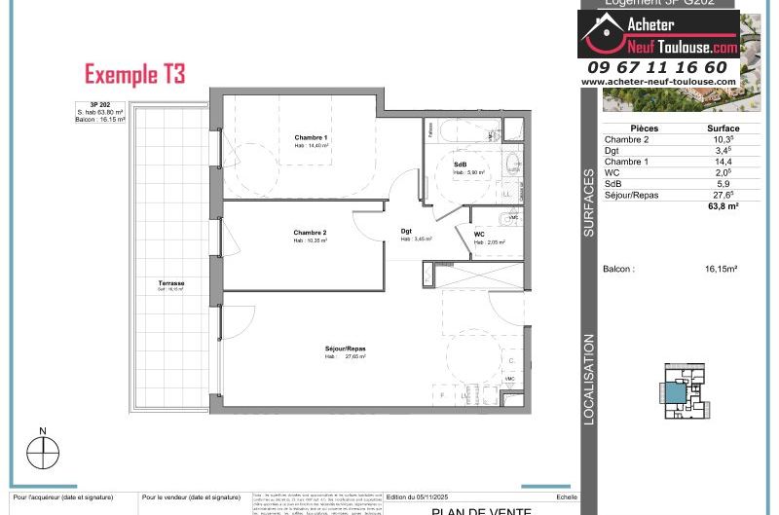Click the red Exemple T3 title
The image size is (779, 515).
point(134,74)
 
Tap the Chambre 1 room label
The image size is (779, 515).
point(312,138)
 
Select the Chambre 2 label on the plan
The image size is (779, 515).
point(311,233)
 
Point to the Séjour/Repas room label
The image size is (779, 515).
point(346,349)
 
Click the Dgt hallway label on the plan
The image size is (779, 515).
point(406,231)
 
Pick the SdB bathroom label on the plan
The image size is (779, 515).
point(460,165)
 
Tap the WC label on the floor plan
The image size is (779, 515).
point(479,235)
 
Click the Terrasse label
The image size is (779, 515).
point(171,283)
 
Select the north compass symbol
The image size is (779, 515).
point(43,452)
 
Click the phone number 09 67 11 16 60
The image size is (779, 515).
point(657,67)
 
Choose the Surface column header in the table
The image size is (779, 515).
point(723,129)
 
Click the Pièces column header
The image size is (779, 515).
point(645,129)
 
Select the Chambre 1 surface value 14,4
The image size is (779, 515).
point(723,162)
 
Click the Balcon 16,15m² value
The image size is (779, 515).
point(721,269)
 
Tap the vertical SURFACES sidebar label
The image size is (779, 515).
point(589,203)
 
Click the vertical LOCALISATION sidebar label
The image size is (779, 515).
point(589,380)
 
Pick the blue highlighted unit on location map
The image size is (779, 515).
point(675,393)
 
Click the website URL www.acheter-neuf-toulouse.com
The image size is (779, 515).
point(657,82)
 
